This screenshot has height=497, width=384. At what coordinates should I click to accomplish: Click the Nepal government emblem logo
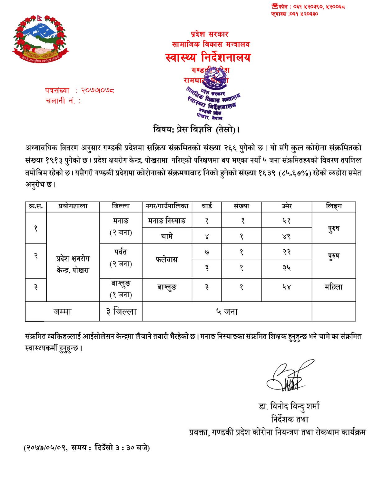pos(40,39)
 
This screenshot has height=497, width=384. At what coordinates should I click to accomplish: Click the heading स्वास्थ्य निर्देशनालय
pos(208,57)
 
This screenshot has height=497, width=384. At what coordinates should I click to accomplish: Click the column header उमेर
pos(286,206)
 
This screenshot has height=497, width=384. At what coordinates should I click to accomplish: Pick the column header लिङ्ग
pos(334,206)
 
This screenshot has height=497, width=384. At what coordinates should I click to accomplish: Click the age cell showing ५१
pos(286,221)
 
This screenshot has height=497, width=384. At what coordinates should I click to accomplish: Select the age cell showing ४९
pos(286,236)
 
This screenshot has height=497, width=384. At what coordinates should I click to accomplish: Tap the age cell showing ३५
pos(286,268)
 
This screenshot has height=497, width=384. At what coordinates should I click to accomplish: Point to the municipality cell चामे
pos(167,236)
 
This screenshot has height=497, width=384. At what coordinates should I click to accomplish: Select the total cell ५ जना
pos(227,312)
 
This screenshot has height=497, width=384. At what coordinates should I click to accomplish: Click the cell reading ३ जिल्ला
pos(121,312)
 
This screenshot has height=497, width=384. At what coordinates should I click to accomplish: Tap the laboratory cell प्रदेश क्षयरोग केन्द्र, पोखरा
pos(73,264)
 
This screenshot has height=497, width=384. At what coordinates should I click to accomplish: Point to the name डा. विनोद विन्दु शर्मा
pos(289,406)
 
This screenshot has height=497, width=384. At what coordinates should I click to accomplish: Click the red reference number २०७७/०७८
pos(98,91)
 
